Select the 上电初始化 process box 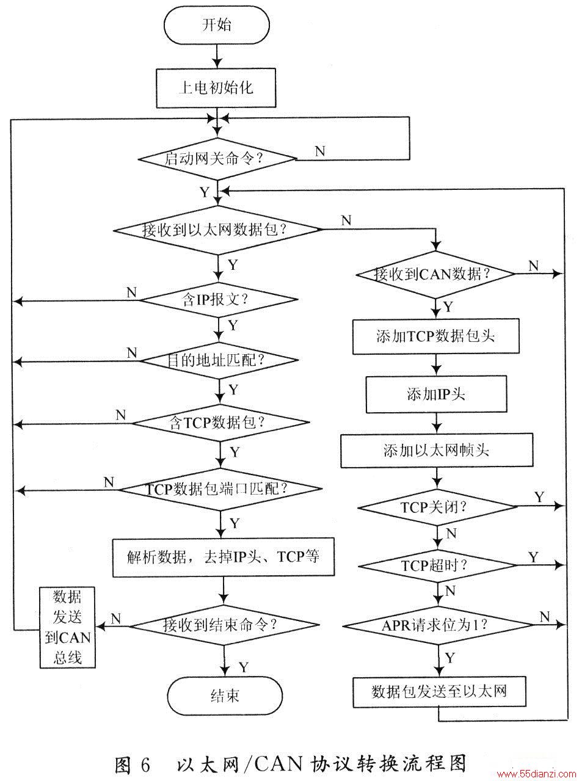216,88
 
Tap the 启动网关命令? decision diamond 217,159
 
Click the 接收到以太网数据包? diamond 217,230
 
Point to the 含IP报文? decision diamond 219,300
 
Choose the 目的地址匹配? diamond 219,360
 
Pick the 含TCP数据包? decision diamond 220,422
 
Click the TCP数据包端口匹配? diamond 220,489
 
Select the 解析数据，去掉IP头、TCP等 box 224,557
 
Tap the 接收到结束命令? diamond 224,625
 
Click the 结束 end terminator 225,696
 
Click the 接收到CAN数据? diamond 436,274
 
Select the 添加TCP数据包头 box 435,336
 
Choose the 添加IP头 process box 436,394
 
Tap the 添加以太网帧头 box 437,451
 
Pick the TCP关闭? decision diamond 437,507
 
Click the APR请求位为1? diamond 438,625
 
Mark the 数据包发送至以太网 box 439,692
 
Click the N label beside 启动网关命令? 320,151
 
